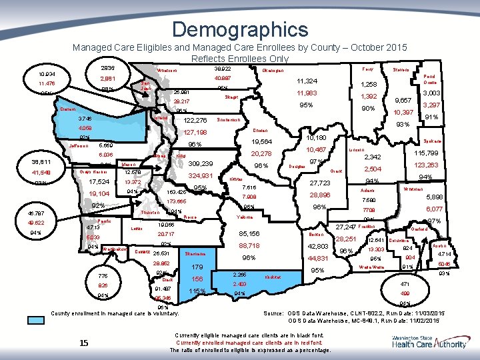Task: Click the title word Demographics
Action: tap(240, 29)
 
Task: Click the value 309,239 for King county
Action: tap(200, 163)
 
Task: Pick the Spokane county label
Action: tap(434, 141)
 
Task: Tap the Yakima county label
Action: tap(245, 217)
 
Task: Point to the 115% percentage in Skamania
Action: tap(197, 291)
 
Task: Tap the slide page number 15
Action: tap(83, 343)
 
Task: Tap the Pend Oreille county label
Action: tap(429, 79)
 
